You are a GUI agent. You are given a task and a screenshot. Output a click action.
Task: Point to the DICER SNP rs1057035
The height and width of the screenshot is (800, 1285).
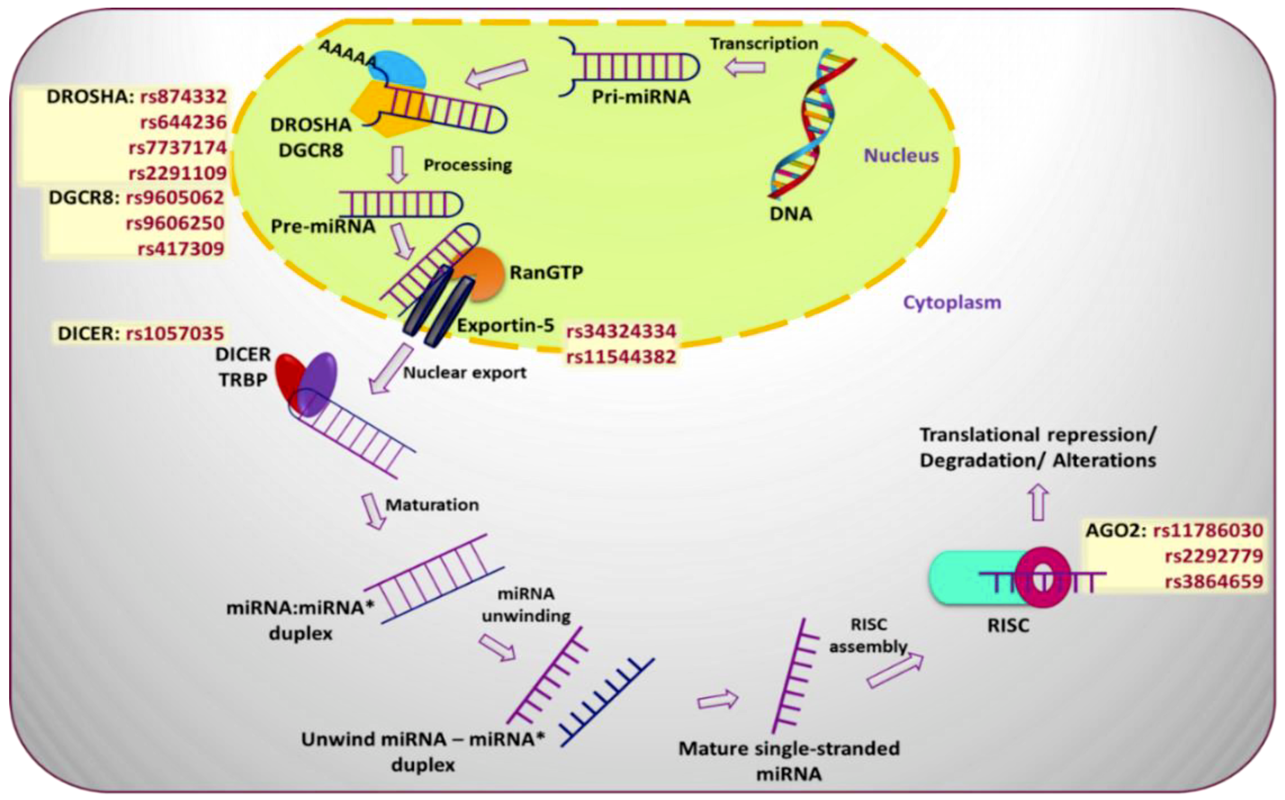175,333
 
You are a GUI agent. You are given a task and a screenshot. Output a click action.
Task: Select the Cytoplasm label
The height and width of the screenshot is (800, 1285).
951,303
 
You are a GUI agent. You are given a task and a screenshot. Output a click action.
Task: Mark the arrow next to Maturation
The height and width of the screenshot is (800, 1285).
374,511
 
